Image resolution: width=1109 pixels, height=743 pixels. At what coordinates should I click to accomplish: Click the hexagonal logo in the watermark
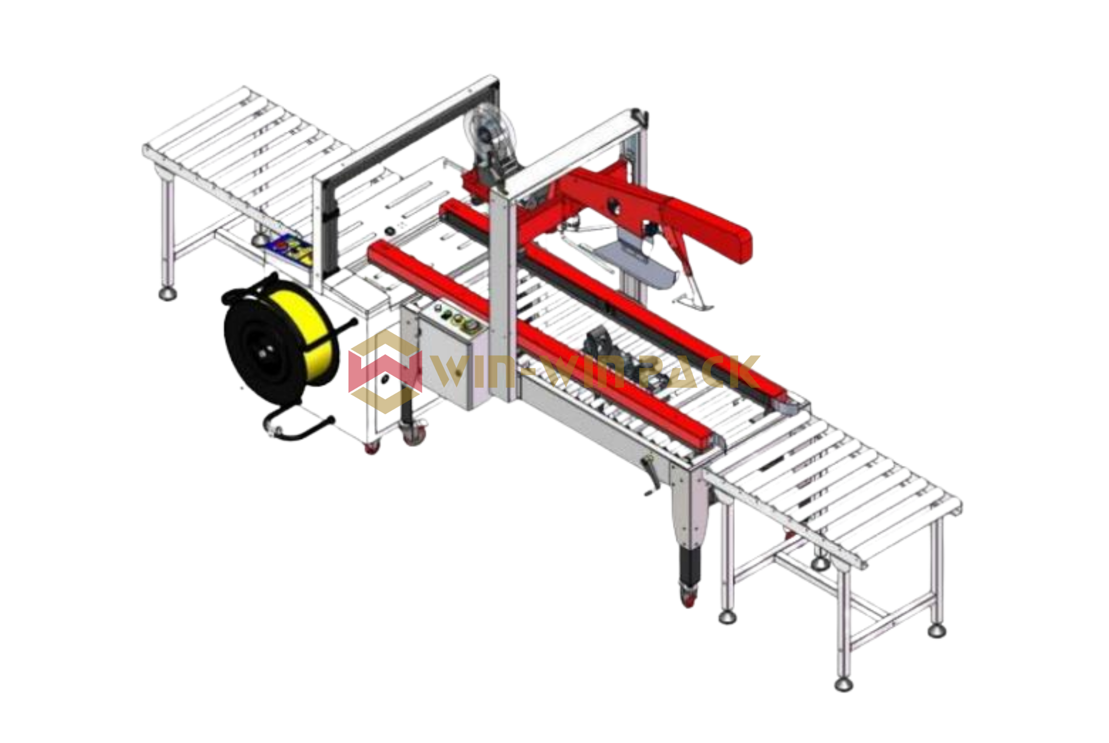click(x=385, y=372)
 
